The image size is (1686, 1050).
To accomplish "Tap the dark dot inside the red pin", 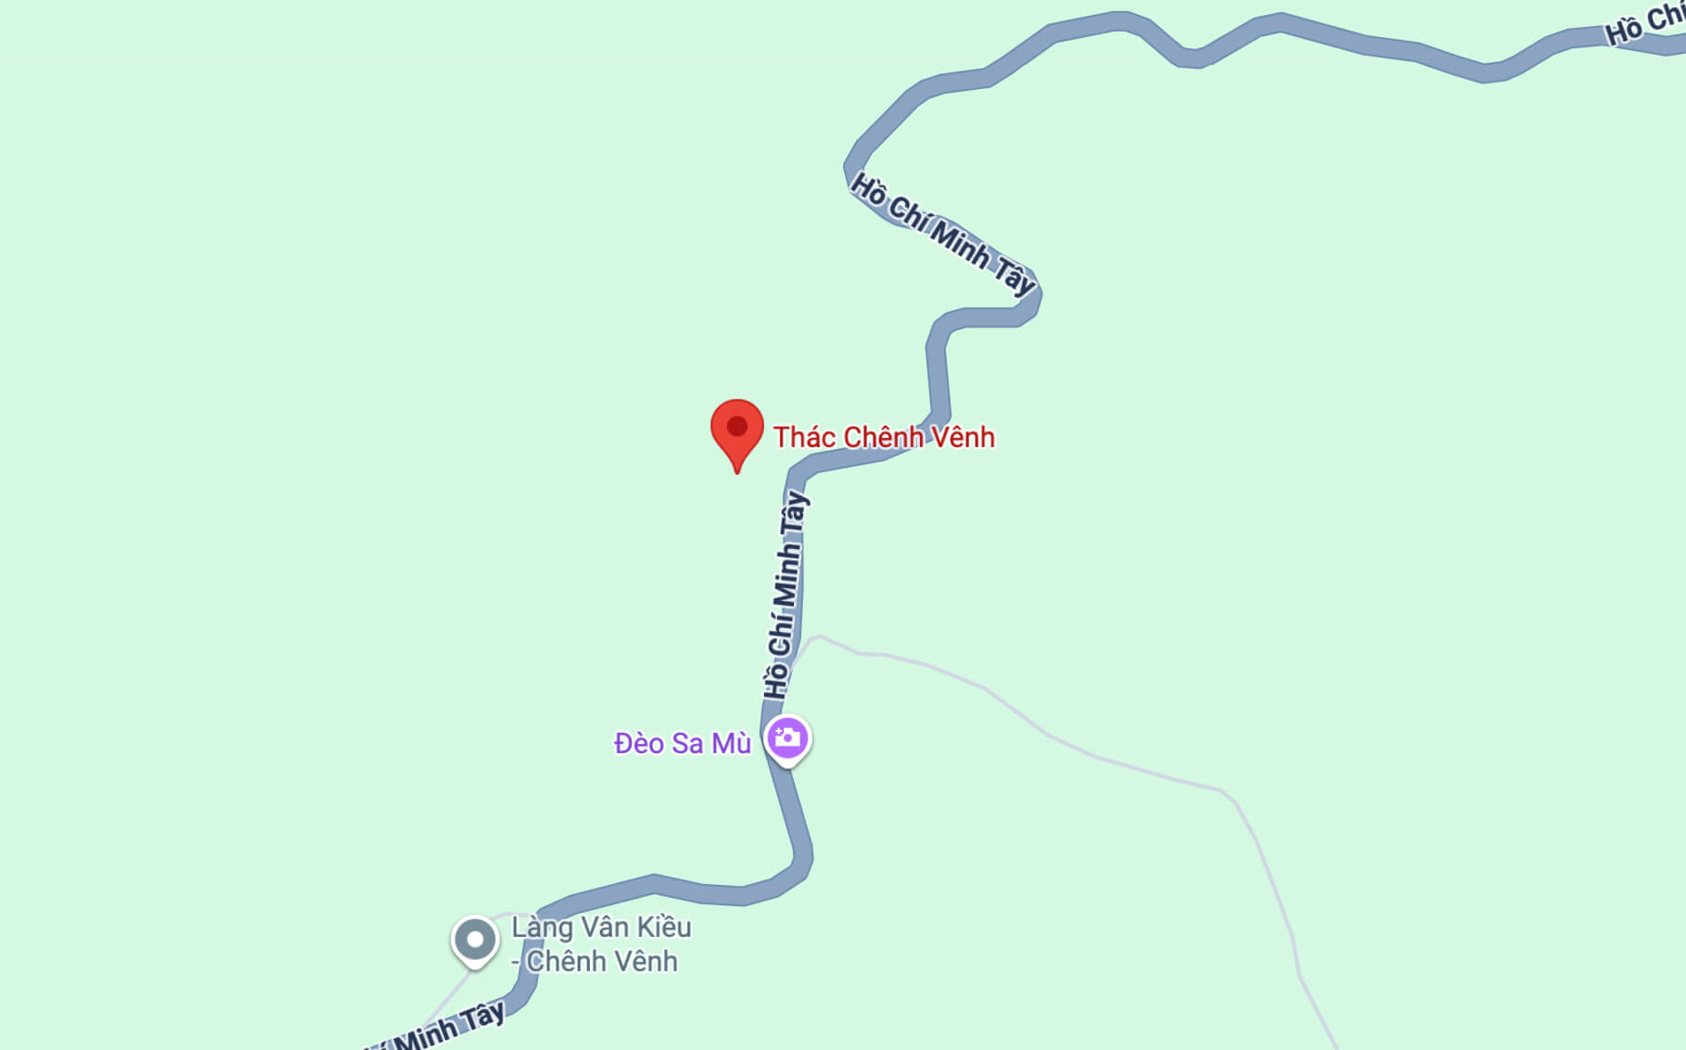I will tap(737, 427).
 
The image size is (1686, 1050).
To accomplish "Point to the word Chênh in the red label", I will tap(876, 437).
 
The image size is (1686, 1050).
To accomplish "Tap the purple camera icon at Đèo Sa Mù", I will tap(787, 739).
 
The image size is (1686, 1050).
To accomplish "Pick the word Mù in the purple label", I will tap(731, 744).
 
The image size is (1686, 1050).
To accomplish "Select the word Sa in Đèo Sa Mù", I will tap(687, 744).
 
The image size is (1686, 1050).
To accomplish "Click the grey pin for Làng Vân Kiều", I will tap(475, 941).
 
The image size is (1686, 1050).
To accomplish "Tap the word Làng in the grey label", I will tap(542, 928).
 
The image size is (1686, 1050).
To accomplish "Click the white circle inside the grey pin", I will tap(475, 940).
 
